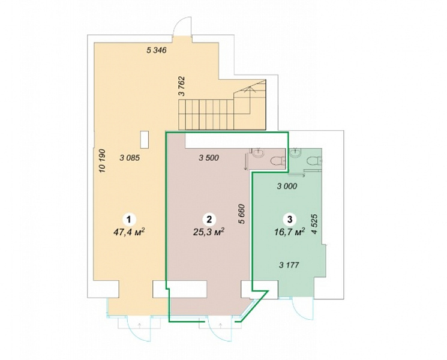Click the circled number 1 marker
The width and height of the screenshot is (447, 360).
tap(129, 220)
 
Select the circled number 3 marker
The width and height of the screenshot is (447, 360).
tap(290, 220)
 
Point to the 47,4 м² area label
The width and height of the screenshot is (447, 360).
tap(130, 232)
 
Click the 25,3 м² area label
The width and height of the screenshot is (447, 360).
tap(209, 232)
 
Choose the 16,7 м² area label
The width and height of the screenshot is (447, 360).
tap(289, 232)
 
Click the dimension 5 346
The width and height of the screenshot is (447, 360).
tap(156, 51)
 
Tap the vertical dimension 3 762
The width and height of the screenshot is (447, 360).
tap(182, 86)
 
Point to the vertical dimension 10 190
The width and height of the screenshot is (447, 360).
tap(102, 161)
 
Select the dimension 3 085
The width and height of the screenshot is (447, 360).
tap(130, 158)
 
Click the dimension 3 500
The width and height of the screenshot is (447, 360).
tap(209, 158)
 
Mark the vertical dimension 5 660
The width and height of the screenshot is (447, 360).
tap(242, 214)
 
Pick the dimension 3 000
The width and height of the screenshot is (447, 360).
tap(287, 186)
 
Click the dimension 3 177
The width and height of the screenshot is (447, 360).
tap(289, 265)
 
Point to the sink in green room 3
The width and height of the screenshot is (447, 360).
tap(295, 152)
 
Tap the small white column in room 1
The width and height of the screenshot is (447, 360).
tap(144, 139)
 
